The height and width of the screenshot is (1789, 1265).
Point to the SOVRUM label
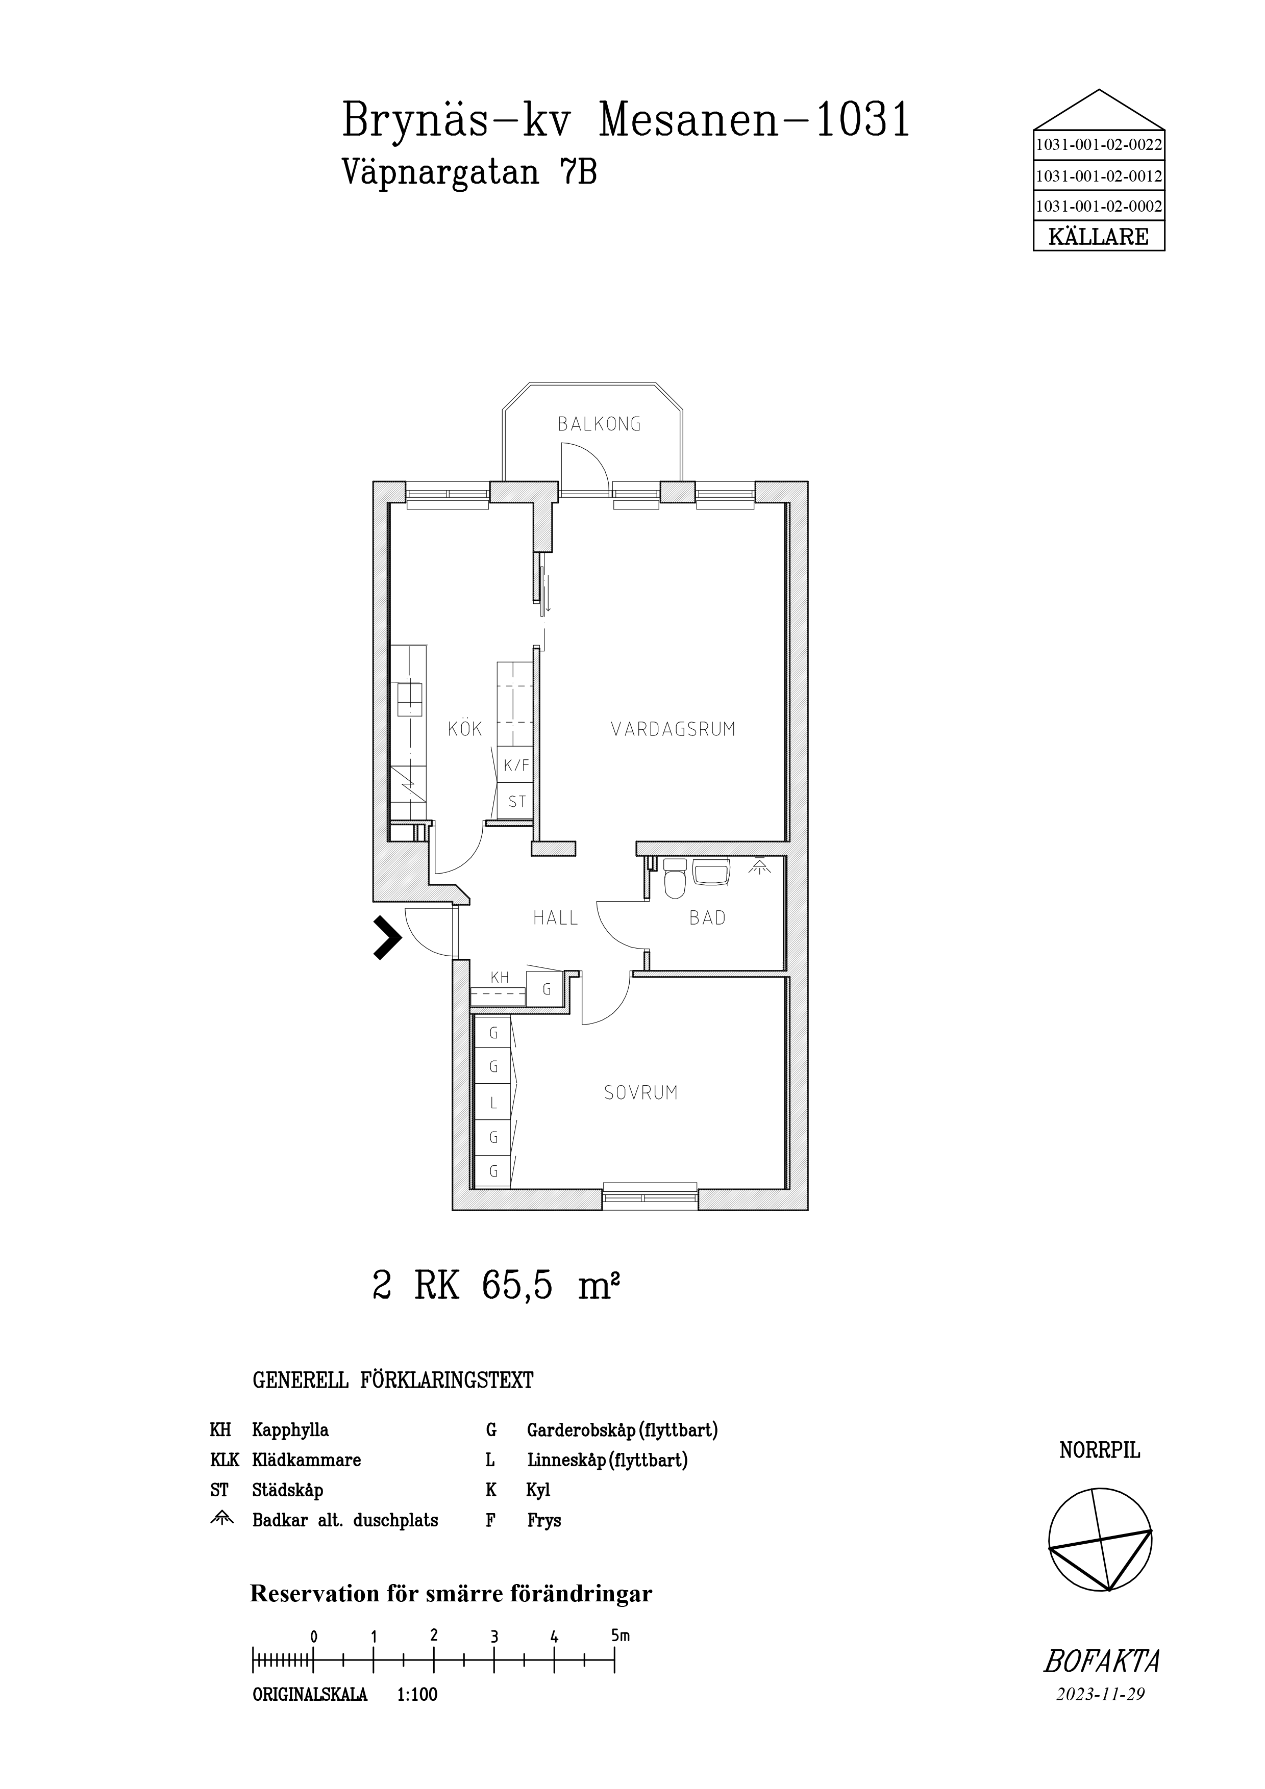pyautogui.click(x=641, y=1093)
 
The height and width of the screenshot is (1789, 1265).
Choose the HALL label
pyautogui.click(x=555, y=918)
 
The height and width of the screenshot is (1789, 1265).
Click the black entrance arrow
pyautogui.click(x=387, y=937)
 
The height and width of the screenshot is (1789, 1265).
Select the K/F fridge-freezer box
pyautogui.click(x=516, y=765)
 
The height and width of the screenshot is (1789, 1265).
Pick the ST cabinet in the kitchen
pyautogui.click(x=516, y=801)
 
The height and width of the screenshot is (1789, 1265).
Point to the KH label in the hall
pyautogui.click(x=500, y=977)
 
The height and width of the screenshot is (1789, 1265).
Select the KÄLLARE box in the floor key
pyautogui.click(x=1098, y=236)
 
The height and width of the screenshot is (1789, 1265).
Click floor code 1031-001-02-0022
pyautogui.click(x=1098, y=144)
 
